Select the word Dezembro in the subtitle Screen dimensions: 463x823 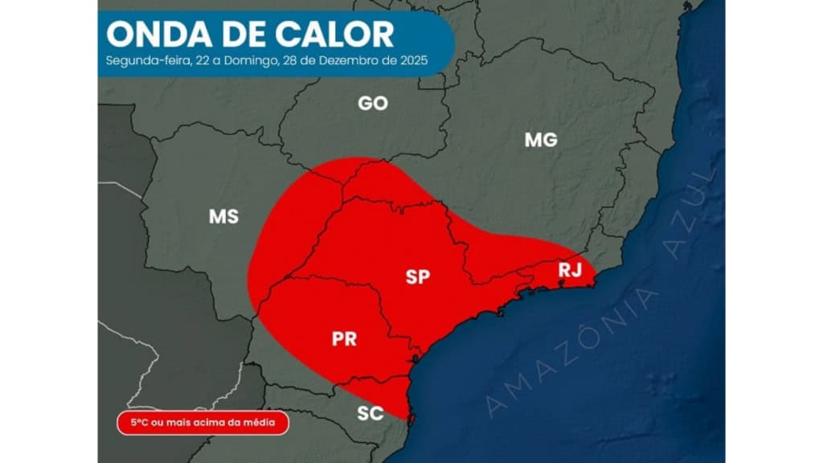pyautogui.click(x=361, y=61)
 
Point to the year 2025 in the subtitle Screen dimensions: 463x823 pyautogui.click(x=412, y=61)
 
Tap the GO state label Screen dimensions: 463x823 pyautogui.click(x=372, y=103)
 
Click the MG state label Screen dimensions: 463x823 pyautogui.click(x=541, y=140)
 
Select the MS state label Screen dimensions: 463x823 pyautogui.click(x=223, y=216)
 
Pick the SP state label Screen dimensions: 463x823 pyautogui.click(x=417, y=277)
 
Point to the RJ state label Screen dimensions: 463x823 pyautogui.click(x=570, y=271)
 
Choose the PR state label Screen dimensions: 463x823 pyautogui.click(x=344, y=338)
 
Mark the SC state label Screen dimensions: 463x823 pyautogui.click(x=371, y=414)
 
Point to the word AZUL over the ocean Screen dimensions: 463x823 pyautogui.click(x=688, y=214)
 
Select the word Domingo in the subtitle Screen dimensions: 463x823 pyautogui.click(x=256, y=61)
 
